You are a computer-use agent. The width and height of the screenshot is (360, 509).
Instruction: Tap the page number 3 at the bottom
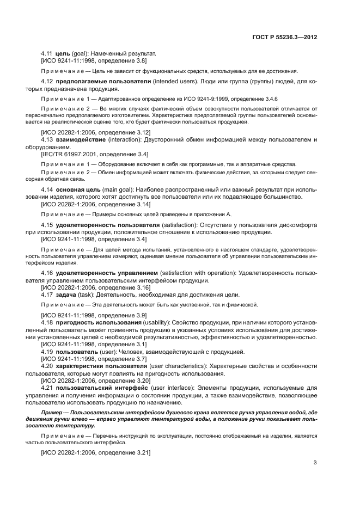pyautogui.click(x=315, y=463)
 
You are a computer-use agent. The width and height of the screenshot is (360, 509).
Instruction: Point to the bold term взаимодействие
pyautogui.click(x=78, y=140)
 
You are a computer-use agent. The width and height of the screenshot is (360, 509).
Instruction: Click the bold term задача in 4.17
pyautogui.click(x=66, y=294)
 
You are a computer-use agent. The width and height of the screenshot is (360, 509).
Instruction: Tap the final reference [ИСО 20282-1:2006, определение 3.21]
pyautogui.click(x=95, y=452)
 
